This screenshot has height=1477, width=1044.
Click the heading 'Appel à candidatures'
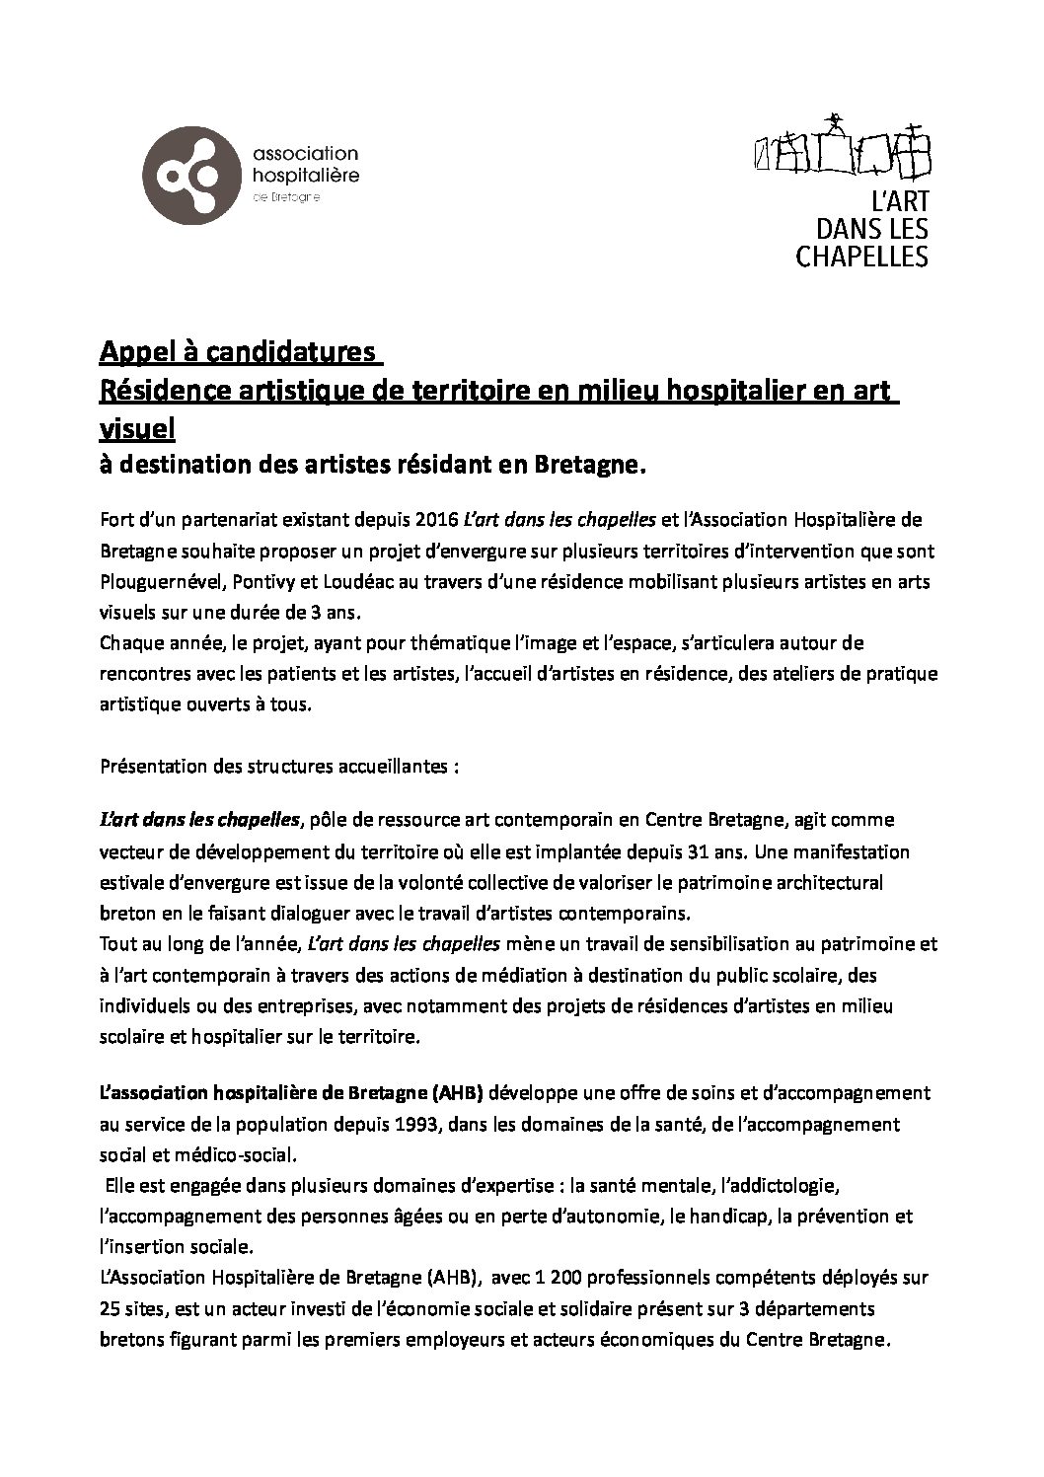[238, 352]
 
